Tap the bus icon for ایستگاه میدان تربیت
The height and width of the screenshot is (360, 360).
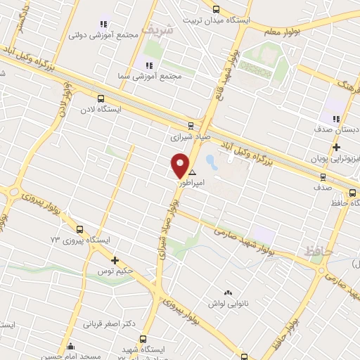215,10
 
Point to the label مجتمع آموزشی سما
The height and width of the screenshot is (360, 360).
156,75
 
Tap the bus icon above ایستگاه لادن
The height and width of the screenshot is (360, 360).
101,99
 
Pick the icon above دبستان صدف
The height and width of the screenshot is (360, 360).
336,118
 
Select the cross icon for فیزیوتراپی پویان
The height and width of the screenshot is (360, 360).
337,148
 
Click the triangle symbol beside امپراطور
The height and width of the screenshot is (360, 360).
193,171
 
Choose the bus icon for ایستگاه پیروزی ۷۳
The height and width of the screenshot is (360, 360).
79,229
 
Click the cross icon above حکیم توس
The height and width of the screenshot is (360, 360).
115,259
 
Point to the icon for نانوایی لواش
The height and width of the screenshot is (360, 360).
227,292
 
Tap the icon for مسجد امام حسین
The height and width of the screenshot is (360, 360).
70,346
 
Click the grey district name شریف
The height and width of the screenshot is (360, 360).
155,30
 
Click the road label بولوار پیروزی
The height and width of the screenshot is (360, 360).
184,311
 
